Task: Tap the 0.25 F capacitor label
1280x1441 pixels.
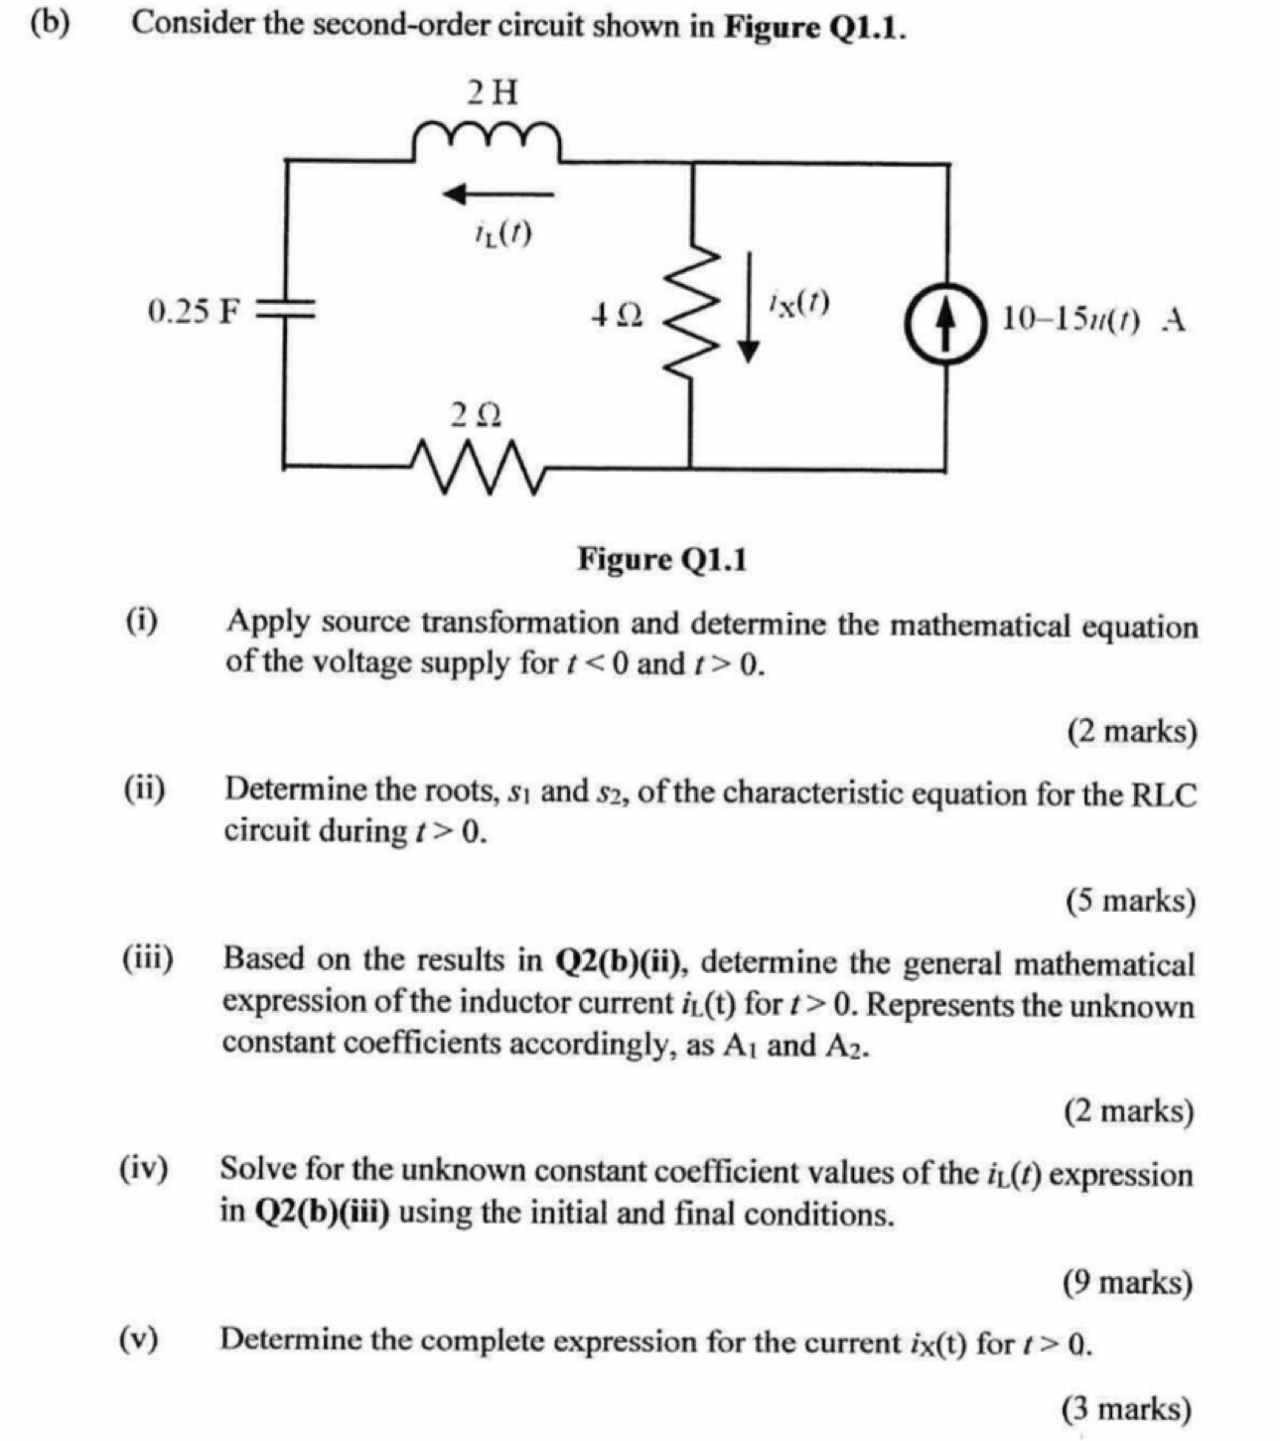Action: click(x=194, y=312)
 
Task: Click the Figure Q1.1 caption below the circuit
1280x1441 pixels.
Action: click(x=663, y=560)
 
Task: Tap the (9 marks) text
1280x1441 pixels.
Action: click(x=1127, y=1283)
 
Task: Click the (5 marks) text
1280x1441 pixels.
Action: click(x=1130, y=901)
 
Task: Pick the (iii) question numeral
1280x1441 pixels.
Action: click(x=147, y=959)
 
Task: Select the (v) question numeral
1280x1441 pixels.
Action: click(x=143, y=1340)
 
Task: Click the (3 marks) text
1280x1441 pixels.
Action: click(x=1126, y=1408)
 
